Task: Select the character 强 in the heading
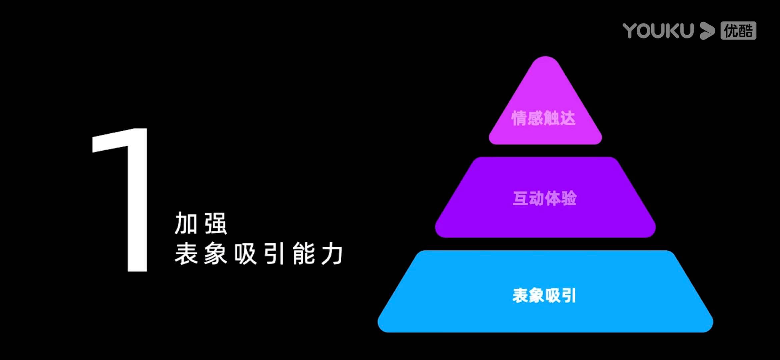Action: [216, 224]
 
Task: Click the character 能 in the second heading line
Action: [304, 254]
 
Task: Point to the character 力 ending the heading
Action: [332, 254]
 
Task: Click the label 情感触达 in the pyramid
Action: [544, 118]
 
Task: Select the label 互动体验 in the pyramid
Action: [545, 198]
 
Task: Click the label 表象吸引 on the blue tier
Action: [544, 295]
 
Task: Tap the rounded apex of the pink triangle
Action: [545, 62]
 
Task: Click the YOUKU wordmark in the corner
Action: [658, 31]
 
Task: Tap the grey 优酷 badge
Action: [738, 31]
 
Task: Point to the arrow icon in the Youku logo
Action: [707, 31]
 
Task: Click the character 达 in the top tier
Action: [568, 118]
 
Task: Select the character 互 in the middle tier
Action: [520, 198]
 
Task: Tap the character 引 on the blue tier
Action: [568, 295]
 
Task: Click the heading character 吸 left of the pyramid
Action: [245, 254]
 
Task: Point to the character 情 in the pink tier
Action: [519, 118]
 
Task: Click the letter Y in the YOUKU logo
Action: [630, 31]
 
